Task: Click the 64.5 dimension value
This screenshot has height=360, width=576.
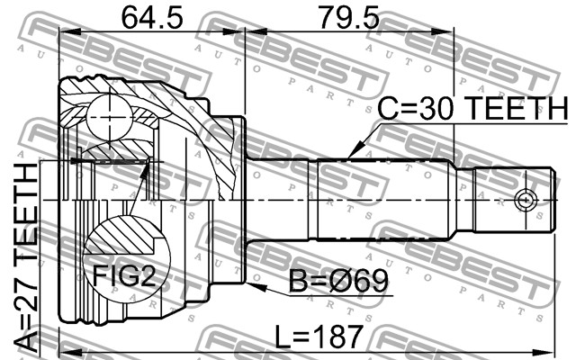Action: coord(152,18)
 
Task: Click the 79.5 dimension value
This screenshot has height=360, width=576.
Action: coord(349,18)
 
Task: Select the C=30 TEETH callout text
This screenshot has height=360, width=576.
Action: coord(472,108)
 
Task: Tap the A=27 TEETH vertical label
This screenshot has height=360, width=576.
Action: coord(26,257)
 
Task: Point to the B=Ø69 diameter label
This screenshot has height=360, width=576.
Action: coord(338,281)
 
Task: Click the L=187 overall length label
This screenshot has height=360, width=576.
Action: coord(319,337)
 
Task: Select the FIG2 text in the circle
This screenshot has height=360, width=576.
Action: coord(124,275)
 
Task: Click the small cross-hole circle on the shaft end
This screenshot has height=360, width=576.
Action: coord(526,201)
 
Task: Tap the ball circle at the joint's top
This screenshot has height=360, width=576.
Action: coord(110,117)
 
